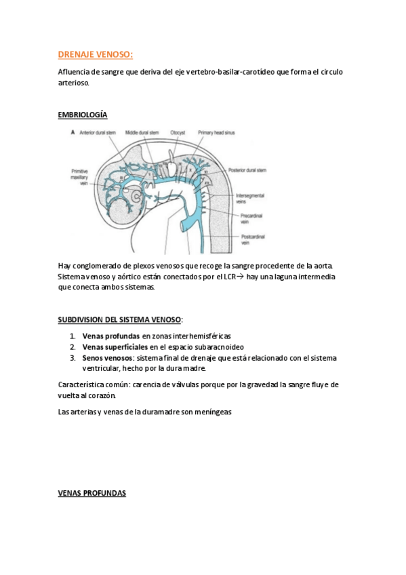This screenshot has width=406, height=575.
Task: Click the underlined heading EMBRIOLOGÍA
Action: pyautogui.click(x=82, y=115)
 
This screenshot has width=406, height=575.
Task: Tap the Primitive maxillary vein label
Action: pyautogui.click(x=80, y=176)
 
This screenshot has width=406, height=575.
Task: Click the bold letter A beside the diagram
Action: pyautogui.click(x=73, y=132)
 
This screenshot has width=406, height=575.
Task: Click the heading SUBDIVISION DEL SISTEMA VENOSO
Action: pyautogui.click(x=121, y=319)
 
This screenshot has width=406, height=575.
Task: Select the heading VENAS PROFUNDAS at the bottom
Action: pyautogui.click(x=92, y=493)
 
